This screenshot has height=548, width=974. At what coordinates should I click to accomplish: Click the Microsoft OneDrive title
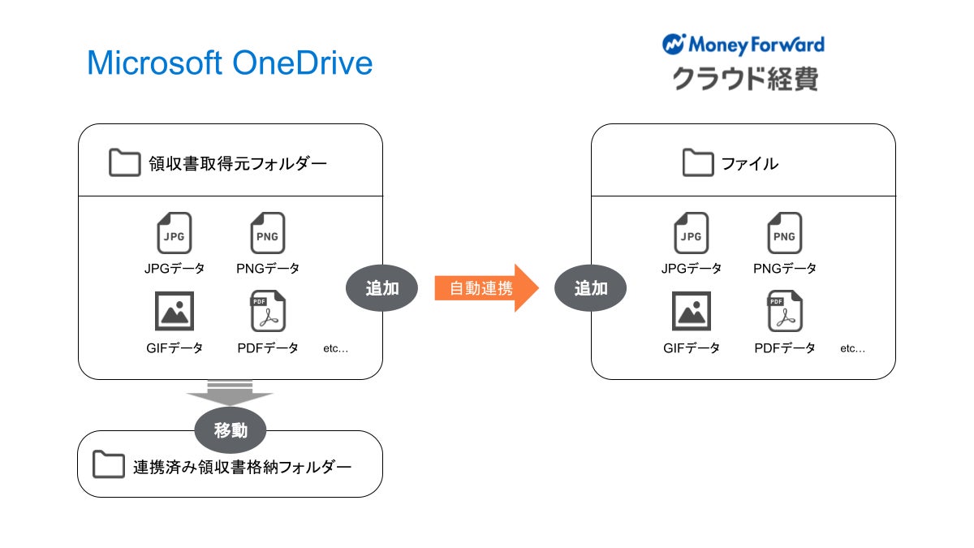pyautogui.click(x=230, y=63)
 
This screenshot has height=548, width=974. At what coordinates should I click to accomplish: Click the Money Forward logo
pyautogui.click(x=743, y=44)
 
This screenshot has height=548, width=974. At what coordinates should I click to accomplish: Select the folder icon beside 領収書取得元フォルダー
pyautogui.click(x=124, y=163)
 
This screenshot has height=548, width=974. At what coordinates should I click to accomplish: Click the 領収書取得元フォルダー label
pyautogui.click(x=238, y=164)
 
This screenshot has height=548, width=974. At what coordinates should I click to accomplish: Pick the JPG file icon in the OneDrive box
pyautogui.click(x=174, y=234)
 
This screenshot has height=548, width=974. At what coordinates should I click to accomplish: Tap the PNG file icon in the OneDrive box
pyautogui.click(x=267, y=234)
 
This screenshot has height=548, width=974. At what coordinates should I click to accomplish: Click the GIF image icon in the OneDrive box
pyautogui.click(x=174, y=311)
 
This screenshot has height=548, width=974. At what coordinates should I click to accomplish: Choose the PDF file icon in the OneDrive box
pyautogui.click(x=267, y=312)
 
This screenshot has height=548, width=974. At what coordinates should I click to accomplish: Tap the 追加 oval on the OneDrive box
pyautogui.click(x=381, y=287)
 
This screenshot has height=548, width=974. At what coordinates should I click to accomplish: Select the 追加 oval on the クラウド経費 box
pyautogui.click(x=591, y=287)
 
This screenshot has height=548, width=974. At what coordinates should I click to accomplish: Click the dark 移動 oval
pyautogui.click(x=231, y=430)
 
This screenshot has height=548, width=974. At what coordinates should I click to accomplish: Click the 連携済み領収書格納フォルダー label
pyautogui.click(x=242, y=467)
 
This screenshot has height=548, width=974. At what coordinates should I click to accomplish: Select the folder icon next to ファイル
pyautogui.click(x=697, y=163)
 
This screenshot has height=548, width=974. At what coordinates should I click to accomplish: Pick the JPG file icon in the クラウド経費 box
pyautogui.click(x=691, y=234)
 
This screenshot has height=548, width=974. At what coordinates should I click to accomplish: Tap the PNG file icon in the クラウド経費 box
pyautogui.click(x=784, y=234)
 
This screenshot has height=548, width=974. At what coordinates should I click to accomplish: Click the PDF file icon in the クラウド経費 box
pyautogui.click(x=784, y=312)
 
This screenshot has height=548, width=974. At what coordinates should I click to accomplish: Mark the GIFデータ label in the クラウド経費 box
pyautogui.click(x=691, y=348)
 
